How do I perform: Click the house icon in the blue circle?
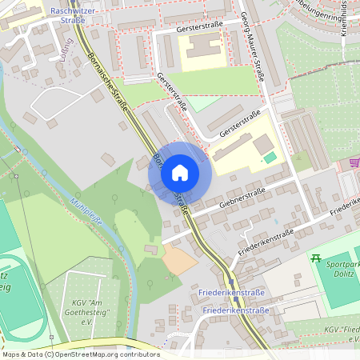coord(179,173)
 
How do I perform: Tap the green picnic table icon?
coord(315,258)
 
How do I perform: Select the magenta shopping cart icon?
coord(354,162)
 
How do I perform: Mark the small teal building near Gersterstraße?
coord(270,158)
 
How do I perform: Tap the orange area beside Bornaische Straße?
coord(178,259)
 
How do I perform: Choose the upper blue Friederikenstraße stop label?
coord(233,294)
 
